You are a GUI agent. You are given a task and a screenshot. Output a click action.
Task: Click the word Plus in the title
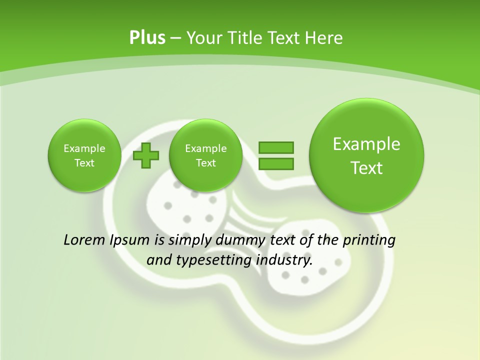pos(147,38)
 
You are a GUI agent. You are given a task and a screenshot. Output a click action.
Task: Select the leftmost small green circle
pos(84,155)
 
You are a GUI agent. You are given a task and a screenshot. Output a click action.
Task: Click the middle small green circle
pos(205,155)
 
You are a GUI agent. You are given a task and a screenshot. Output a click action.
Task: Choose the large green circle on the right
pos(366,155)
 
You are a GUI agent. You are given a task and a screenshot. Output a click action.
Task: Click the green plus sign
pos(146,155)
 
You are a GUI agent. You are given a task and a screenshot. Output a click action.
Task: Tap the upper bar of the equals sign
pos(276,147)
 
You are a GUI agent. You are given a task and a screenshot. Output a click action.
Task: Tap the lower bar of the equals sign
pos(276,163)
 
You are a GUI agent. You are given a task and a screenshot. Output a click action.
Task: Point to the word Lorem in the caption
pos(84,240)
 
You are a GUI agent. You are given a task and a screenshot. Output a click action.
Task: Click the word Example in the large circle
pos(366,144)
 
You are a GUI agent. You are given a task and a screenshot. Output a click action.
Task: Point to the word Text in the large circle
pos(366,168)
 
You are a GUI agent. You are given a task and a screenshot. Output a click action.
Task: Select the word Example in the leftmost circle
pos(84,148)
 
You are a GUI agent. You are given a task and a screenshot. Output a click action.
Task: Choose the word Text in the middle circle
pos(205,163)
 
